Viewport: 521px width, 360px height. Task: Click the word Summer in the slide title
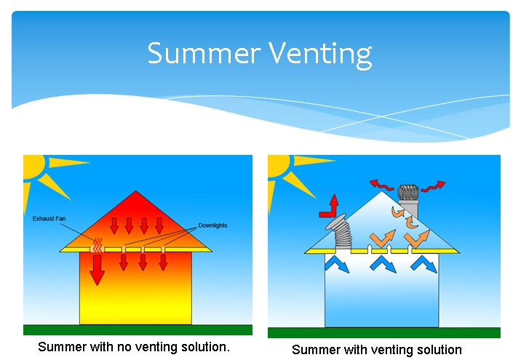click(x=204, y=52)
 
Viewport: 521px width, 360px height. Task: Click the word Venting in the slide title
click(x=320, y=55)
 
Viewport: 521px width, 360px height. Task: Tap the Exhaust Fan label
click(x=49, y=218)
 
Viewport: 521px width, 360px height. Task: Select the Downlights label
click(x=212, y=225)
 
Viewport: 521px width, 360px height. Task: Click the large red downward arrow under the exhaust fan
click(x=97, y=270)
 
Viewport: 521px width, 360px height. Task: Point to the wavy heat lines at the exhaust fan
click(x=98, y=245)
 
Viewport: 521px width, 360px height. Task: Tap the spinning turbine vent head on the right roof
click(x=408, y=193)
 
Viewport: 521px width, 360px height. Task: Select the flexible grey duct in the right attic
click(x=341, y=233)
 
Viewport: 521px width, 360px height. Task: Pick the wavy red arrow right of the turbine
click(x=433, y=186)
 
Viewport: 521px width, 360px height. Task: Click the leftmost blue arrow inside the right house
click(x=337, y=263)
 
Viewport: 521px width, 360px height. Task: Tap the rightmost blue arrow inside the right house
click(x=424, y=263)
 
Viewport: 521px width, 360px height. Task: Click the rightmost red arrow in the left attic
click(x=159, y=226)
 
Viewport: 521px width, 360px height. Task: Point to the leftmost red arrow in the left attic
click(x=114, y=226)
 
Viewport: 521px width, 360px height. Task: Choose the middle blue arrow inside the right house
click(x=383, y=263)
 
